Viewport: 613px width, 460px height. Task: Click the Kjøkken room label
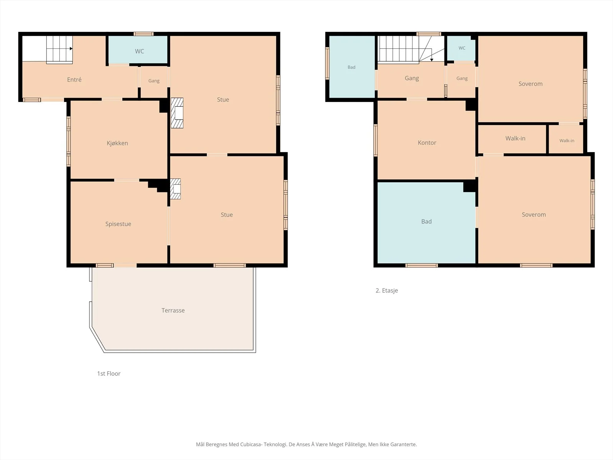pyautogui.click(x=117, y=143)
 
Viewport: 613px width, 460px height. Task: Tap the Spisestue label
pyautogui.click(x=118, y=224)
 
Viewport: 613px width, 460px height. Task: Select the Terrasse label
pyautogui.click(x=173, y=310)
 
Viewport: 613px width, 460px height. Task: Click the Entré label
pyautogui.click(x=74, y=80)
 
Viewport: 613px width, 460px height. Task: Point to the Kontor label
pyautogui.click(x=427, y=143)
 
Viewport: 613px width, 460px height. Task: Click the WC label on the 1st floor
pyautogui.click(x=139, y=51)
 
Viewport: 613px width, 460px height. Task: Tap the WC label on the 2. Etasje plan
pyautogui.click(x=462, y=48)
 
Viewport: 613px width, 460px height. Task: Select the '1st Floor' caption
pyautogui.click(x=109, y=374)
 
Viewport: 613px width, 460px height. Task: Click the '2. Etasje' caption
pyautogui.click(x=387, y=291)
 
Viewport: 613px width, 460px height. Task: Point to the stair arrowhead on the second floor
pyautogui.click(x=431, y=60)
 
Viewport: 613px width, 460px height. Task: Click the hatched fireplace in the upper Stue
pyautogui.click(x=177, y=113)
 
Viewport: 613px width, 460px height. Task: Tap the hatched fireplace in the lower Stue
pyautogui.click(x=175, y=189)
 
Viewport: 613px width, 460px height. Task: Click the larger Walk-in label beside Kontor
pyautogui.click(x=515, y=138)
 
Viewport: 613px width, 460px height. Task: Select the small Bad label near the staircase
pyautogui.click(x=351, y=67)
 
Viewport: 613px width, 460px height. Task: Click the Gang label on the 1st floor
pyautogui.click(x=154, y=81)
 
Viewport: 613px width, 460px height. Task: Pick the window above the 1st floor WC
pyautogui.click(x=144, y=34)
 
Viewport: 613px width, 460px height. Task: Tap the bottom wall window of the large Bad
pyautogui.click(x=421, y=265)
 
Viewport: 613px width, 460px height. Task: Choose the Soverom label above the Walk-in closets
pyautogui.click(x=530, y=84)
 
